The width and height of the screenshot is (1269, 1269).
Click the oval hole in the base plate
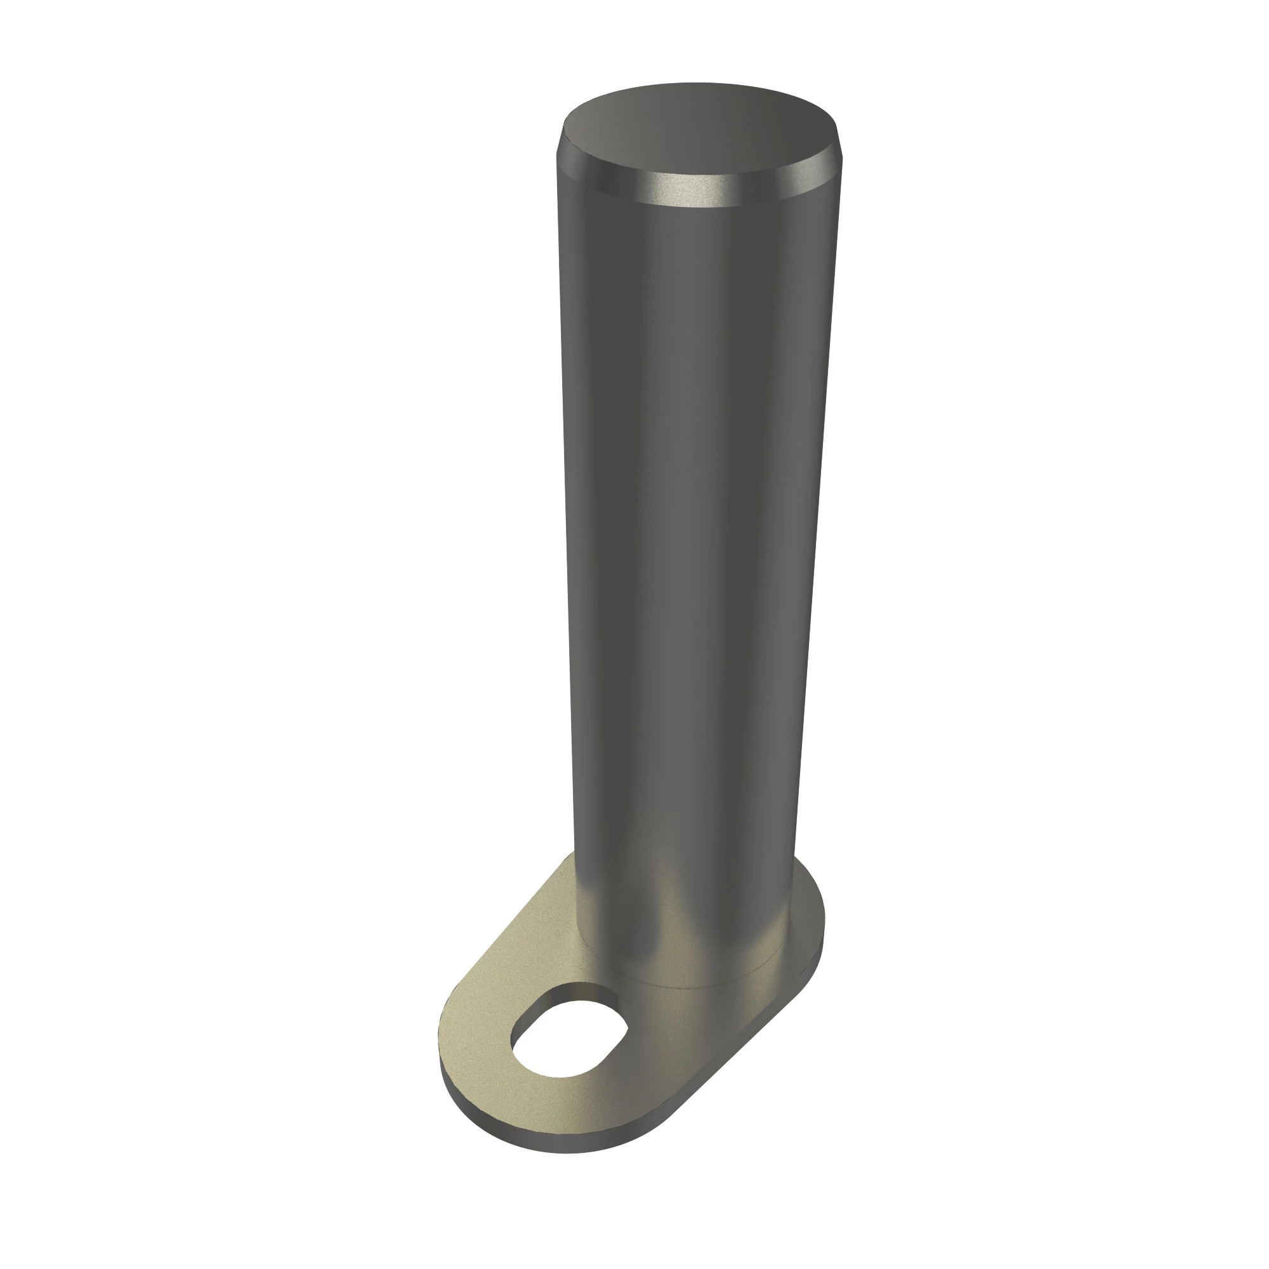click(567, 1037)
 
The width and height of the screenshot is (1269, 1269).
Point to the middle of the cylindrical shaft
click(690, 525)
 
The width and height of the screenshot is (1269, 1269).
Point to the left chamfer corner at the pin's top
click(560, 148)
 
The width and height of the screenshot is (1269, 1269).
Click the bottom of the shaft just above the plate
click(683, 946)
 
